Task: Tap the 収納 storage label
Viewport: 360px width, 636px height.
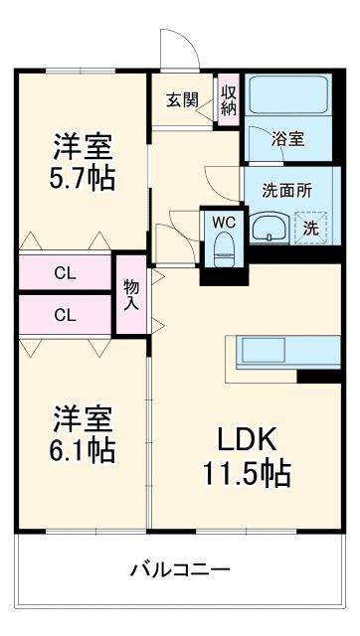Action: (229, 99)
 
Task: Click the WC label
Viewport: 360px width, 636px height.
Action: (223, 221)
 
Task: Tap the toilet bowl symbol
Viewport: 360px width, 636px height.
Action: (223, 247)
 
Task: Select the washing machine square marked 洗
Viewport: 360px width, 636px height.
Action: (311, 228)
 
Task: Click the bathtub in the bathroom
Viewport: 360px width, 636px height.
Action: (288, 97)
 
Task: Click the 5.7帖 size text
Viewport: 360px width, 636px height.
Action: (84, 178)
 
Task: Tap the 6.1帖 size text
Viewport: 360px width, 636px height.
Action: (84, 449)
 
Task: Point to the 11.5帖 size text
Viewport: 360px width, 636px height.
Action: (249, 473)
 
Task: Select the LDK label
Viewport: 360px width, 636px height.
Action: (248, 438)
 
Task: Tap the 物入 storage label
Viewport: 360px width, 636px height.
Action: (130, 293)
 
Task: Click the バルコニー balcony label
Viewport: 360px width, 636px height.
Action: (180, 569)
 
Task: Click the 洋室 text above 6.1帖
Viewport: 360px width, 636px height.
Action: (84, 416)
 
